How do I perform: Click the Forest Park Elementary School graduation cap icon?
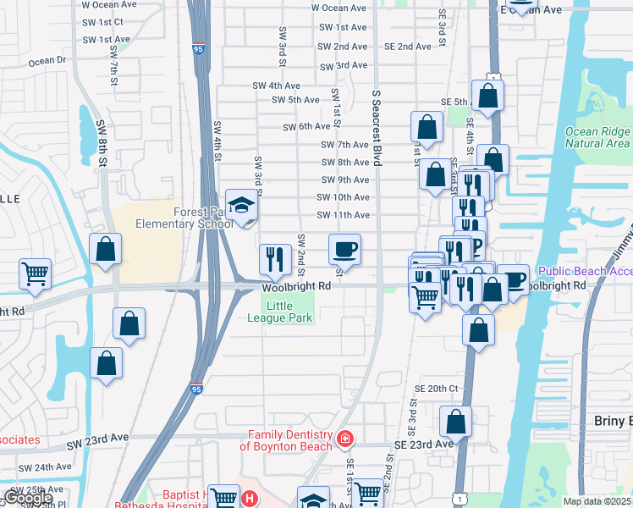243,206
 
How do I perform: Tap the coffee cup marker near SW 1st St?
344,250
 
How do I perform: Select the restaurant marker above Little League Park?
275,260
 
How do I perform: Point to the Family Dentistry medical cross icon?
344,439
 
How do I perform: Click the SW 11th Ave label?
343,215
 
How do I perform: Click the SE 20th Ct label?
436,388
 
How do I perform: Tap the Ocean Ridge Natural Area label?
597,137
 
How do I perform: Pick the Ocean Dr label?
47,61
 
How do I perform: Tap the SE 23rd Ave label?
422,444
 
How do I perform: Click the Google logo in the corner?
27,498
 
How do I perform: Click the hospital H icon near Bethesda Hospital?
249,498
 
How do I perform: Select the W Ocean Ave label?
339,8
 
